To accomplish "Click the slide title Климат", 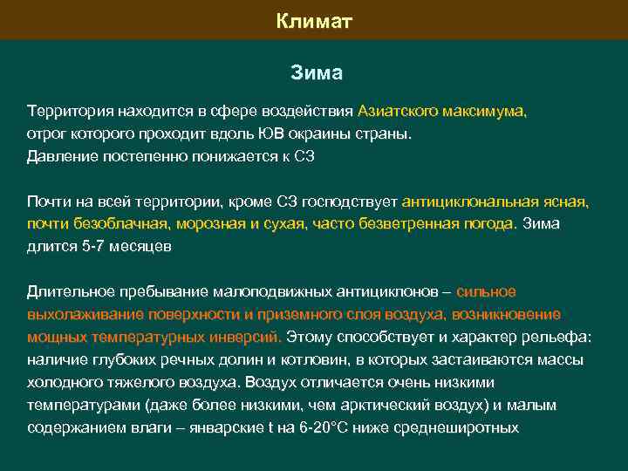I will (314, 20).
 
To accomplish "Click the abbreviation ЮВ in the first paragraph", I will (271, 135).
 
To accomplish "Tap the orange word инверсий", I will (252, 337).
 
